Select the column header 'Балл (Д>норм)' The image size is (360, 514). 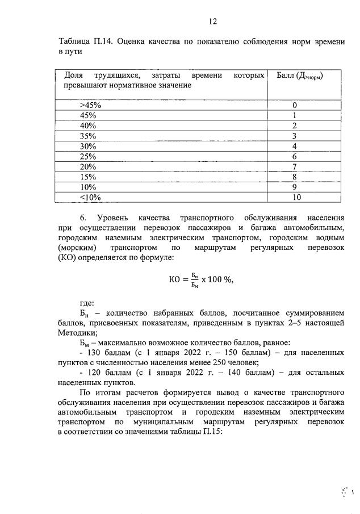(x=299, y=76)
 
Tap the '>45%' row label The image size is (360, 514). (x=90, y=105)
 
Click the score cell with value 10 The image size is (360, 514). (x=295, y=197)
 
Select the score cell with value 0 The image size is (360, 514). (x=295, y=105)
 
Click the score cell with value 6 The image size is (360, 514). (x=295, y=156)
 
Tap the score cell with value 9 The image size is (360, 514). (x=295, y=187)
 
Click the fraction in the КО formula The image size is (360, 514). (x=194, y=279)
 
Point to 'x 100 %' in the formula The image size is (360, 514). (x=217, y=279)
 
